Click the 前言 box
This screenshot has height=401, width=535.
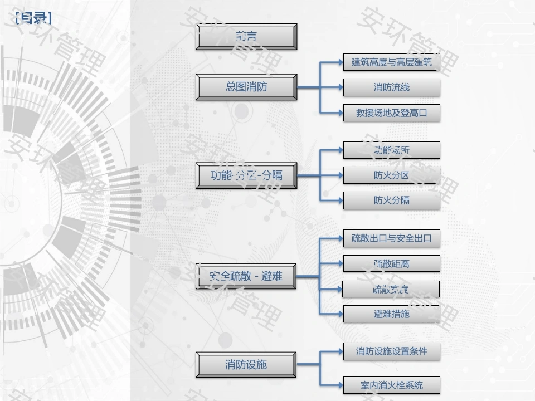pos(246,37)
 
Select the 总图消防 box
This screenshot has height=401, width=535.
pos(246,87)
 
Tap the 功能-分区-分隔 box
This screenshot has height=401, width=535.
pos(246,175)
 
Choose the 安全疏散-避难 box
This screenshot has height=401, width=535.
pos(246,276)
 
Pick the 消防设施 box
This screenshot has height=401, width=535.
pos(246,365)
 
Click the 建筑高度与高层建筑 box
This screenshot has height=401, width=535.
pos(391,62)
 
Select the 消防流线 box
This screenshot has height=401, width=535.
pos(391,87)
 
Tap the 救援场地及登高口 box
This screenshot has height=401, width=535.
pos(391,113)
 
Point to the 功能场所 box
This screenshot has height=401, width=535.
pos(391,150)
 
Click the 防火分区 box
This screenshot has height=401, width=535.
pos(391,175)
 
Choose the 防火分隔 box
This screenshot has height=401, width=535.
pos(391,200)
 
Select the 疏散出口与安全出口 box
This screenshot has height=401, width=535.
pos(391,238)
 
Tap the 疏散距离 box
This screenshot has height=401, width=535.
pos(391,263)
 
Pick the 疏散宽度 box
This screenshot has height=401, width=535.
pos(391,289)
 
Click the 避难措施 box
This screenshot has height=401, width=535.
pos(391,314)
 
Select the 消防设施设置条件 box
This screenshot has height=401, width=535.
pos(391,351)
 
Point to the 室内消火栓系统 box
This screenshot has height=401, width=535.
pos(391,385)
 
